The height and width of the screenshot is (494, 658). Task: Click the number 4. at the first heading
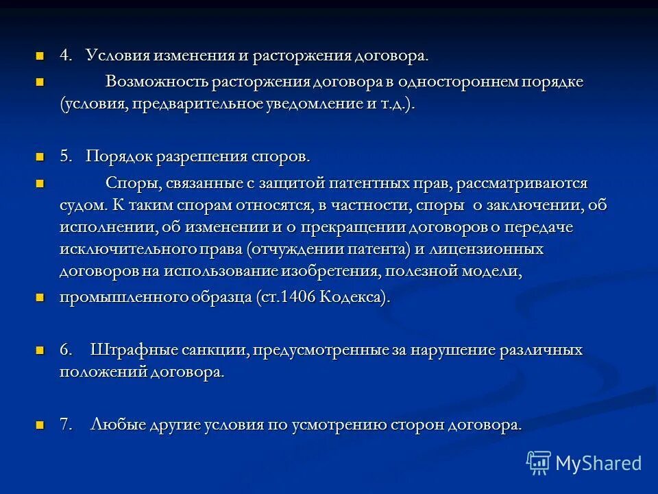click(66, 56)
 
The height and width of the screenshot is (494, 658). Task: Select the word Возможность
click(156, 82)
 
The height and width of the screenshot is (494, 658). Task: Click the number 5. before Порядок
click(66, 156)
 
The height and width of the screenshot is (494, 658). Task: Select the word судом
click(82, 205)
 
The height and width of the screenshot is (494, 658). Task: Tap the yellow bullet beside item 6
click(40, 350)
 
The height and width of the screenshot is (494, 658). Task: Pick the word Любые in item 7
click(114, 425)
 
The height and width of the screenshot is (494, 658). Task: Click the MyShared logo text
click(598, 463)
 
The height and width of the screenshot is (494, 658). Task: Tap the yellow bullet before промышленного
click(40, 298)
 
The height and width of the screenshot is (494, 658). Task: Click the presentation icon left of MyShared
click(539, 463)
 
